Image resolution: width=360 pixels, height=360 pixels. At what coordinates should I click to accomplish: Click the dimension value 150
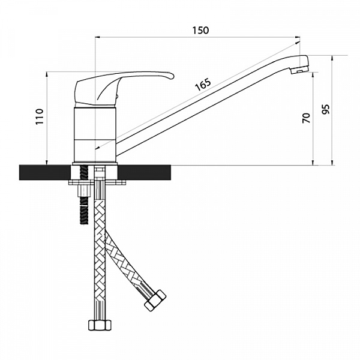[200, 30]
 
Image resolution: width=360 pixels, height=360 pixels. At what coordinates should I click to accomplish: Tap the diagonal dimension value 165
[203, 85]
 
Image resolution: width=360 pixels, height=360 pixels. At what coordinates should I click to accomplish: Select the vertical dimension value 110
[40, 116]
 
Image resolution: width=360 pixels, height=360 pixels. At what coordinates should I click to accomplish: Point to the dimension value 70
[307, 118]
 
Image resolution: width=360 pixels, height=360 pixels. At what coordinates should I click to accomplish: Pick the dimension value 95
[326, 109]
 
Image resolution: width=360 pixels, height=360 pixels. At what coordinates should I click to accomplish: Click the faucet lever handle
[124, 88]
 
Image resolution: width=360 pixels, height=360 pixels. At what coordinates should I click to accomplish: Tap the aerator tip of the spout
[299, 70]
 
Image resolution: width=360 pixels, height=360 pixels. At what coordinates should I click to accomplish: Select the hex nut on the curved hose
[155, 301]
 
